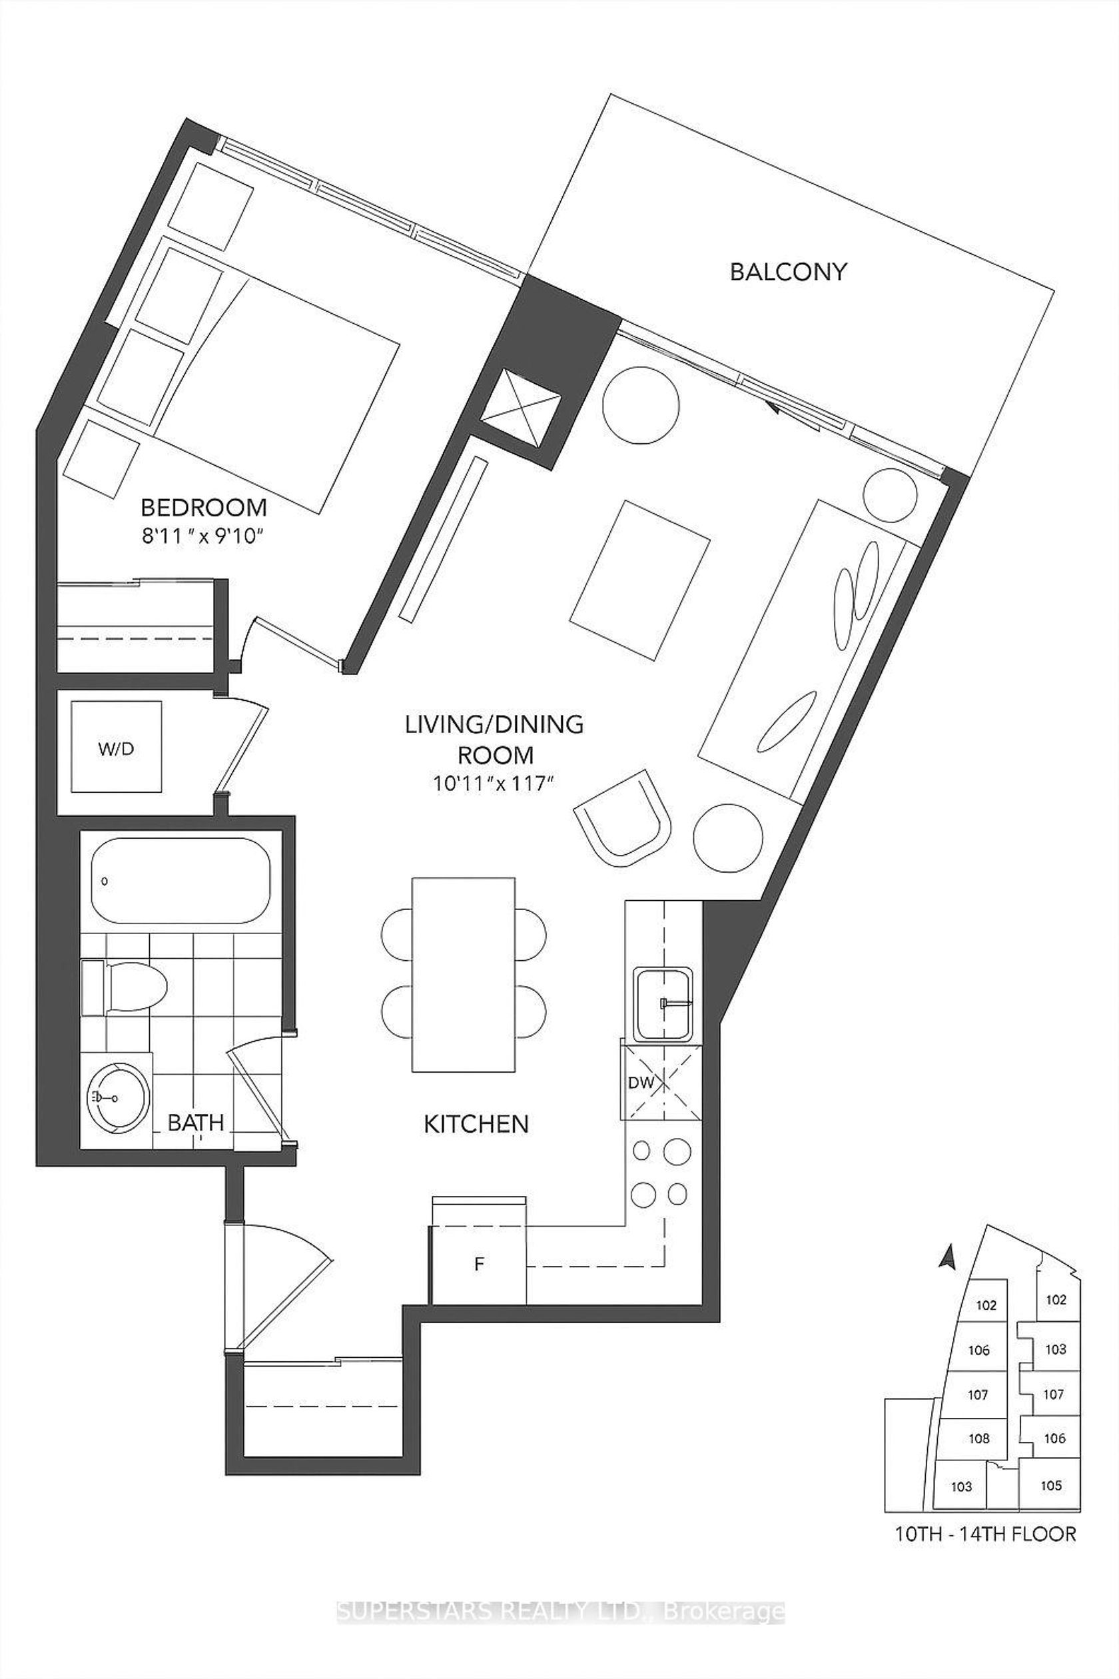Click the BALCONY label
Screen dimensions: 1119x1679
[788, 272]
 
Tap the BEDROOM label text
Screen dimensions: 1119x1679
[203, 508]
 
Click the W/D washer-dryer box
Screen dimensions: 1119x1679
[117, 746]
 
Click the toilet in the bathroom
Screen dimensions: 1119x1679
[124, 988]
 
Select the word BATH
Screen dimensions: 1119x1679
[196, 1122]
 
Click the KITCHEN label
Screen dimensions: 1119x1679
[476, 1125]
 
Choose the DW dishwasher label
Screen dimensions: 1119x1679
[641, 1082]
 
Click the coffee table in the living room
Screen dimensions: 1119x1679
[639, 580]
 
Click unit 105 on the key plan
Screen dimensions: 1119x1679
[1050, 1486]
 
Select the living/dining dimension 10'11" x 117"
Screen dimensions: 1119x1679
[494, 783]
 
